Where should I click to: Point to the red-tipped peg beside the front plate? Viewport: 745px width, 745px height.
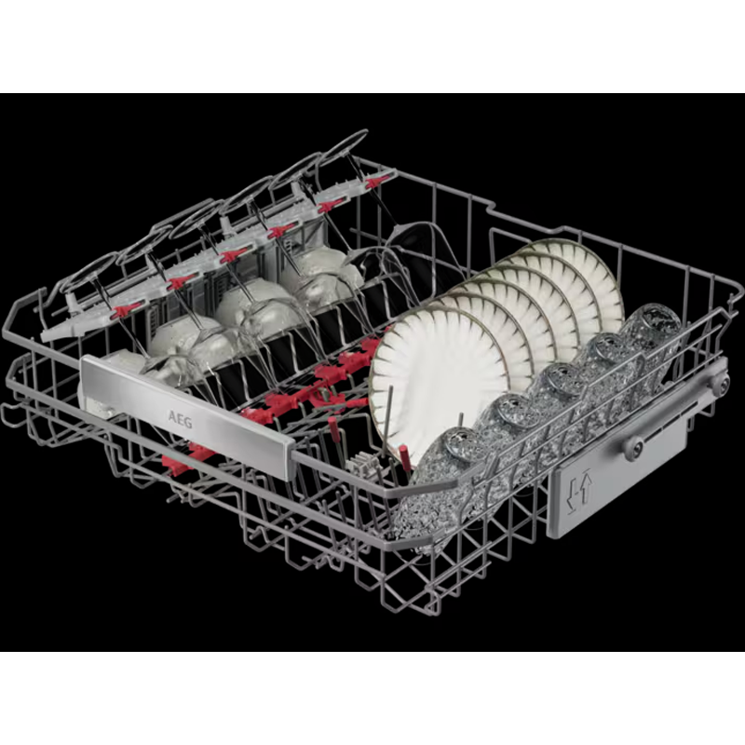click(405, 455)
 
